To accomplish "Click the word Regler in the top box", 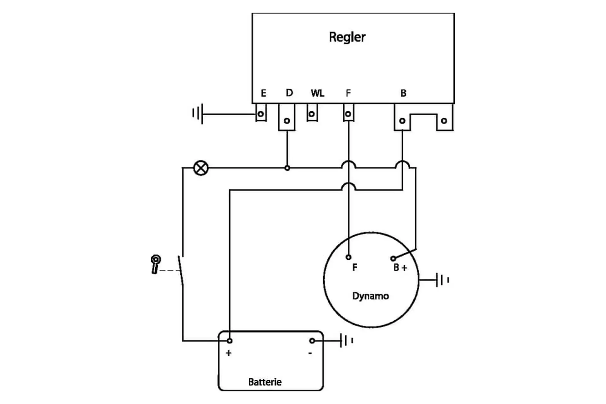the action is [347, 37].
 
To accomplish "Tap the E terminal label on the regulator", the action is [264, 93].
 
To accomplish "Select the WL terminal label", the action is [318, 93].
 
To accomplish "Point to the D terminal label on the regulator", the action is [289, 93].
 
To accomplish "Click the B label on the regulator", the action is [403, 93].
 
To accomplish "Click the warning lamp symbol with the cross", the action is [201, 168].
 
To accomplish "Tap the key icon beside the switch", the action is [156, 264].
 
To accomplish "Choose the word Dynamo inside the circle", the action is [371, 296].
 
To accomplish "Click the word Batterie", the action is [265, 382].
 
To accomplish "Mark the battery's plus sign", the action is [229, 353].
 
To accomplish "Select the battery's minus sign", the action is [310, 353].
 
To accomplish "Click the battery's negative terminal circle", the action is [312, 341].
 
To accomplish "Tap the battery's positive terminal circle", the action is [230, 341].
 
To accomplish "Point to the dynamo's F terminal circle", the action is [348, 257].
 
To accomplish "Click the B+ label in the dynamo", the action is [401, 268].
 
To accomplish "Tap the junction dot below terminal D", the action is [287, 168].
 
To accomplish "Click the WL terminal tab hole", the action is [312, 114].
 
